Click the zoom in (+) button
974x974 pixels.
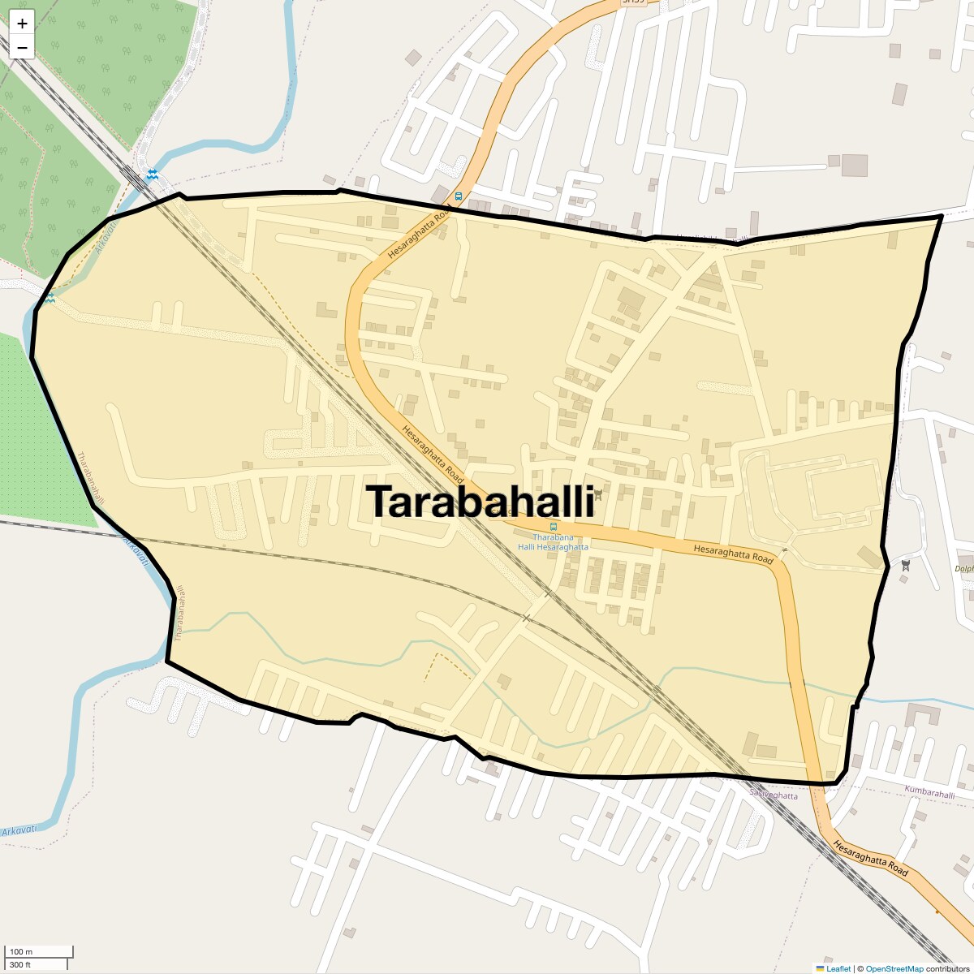[x=22, y=24]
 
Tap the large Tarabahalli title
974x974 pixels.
[x=481, y=502]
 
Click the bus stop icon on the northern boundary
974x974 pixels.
[x=459, y=196]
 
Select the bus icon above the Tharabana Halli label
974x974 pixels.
[x=554, y=527]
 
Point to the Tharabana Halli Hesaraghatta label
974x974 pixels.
[x=554, y=542]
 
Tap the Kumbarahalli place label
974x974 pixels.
[x=929, y=793]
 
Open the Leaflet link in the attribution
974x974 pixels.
[x=838, y=968]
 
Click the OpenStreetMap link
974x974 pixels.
[x=894, y=968]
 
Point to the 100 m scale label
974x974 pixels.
[x=21, y=952]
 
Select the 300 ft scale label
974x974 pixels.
[x=20, y=964]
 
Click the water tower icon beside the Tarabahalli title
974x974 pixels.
[x=598, y=493]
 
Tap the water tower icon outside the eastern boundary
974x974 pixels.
[x=906, y=564]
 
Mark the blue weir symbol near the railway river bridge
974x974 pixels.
[x=153, y=175]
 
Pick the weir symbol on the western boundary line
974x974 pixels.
[x=51, y=299]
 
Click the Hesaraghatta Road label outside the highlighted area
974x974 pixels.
[x=870, y=857]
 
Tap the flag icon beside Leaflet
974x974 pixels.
[x=820, y=968]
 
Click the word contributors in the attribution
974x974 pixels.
[x=948, y=968]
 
